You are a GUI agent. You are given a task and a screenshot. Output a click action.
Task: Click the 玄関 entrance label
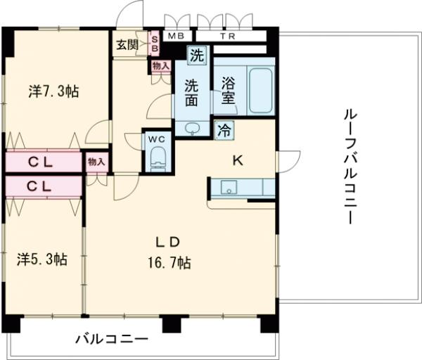click(x=128, y=46)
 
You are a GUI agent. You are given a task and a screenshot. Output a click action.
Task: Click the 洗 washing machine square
click(x=197, y=54)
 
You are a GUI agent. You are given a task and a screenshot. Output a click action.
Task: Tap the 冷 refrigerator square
click(x=224, y=129)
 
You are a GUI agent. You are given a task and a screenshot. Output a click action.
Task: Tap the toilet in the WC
click(x=158, y=155)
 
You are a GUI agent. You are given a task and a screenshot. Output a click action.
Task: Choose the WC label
click(x=157, y=139)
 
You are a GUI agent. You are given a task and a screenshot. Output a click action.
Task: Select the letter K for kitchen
click(x=238, y=160)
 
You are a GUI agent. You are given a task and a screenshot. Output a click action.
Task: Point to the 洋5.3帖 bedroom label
click(x=42, y=259)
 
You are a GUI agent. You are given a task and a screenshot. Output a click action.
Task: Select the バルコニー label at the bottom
click(x=113, y=340)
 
